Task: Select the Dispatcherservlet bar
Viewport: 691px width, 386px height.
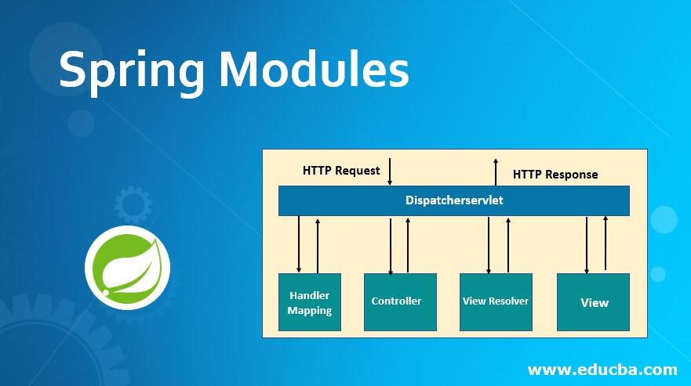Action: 454,200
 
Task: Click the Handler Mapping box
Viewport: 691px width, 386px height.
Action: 309,302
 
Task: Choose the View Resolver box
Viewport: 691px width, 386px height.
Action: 496,301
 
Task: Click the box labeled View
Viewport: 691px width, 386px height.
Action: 593,302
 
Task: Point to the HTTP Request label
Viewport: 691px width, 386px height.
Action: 341,170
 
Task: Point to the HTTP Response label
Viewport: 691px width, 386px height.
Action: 555,174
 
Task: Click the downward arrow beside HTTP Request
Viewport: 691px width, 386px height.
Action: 390,171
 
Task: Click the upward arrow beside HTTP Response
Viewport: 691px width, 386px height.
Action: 496,171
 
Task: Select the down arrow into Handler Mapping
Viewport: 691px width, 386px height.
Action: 299,244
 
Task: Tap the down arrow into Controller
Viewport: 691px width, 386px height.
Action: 390,244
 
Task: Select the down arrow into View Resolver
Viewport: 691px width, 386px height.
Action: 489,244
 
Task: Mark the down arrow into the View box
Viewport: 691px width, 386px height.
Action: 587,244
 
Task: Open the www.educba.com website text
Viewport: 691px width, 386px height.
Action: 602,369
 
